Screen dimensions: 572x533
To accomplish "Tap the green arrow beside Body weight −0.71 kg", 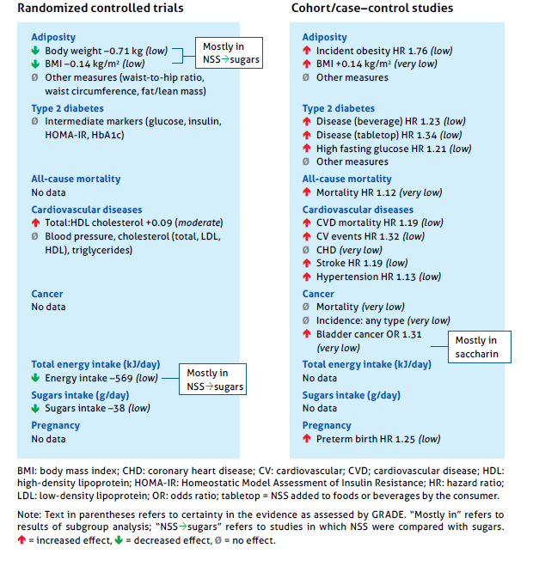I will click(36, 52).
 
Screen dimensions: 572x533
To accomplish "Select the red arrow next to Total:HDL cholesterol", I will click(36, 222).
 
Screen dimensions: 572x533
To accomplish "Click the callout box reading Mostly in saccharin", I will click(479, 347).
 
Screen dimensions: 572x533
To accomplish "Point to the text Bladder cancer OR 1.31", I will click(369, 334).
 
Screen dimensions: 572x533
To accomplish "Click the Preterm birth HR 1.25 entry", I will click(377, 439).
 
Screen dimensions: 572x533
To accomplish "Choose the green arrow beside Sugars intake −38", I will click(36, 409).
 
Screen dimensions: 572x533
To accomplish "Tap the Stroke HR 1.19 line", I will click(361, 264).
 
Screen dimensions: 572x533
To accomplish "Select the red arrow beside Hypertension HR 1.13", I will click(307, 277).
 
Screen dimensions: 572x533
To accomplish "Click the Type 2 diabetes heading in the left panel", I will click(67, 109).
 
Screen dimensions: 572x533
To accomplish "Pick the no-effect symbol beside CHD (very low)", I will click(307, 250).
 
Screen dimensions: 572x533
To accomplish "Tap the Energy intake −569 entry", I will click(101, 378).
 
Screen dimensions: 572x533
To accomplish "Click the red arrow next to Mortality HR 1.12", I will click(307, 193).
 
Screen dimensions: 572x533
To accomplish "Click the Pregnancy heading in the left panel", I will click(56, 425).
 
